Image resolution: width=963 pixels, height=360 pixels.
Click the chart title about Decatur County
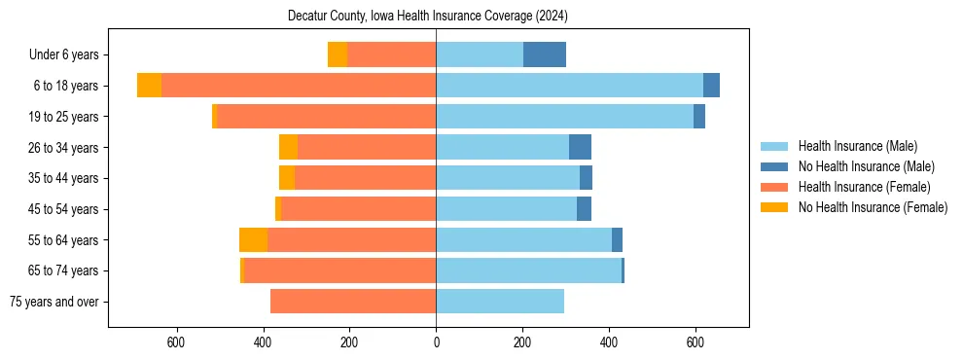(x=428, y=17)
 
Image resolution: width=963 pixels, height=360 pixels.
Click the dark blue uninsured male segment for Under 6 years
(x=545, y=55)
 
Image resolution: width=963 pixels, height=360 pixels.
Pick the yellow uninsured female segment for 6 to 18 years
(x=149, y=86)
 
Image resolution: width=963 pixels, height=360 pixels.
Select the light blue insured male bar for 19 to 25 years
(x=564, y=117)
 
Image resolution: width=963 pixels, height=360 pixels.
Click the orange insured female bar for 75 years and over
(x=353, y=302)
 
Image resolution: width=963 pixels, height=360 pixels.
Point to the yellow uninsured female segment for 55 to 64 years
(x=253, y=240)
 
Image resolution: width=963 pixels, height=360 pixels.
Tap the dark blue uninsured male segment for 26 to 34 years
(x=580, y=148)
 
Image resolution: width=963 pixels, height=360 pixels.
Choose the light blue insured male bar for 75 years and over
(x=500, y=302)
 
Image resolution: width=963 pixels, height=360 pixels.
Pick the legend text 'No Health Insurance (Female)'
(x=873, y=207)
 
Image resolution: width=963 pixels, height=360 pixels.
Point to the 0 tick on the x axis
(x=436, y=342)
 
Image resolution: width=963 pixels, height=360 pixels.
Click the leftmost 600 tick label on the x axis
(x=176, y=342)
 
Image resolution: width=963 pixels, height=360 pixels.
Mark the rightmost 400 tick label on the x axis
(x=609, y=342)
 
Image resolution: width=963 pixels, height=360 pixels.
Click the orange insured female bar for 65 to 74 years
(x=339, y=270)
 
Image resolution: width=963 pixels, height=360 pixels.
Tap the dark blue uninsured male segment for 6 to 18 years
(x=711, y=86)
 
